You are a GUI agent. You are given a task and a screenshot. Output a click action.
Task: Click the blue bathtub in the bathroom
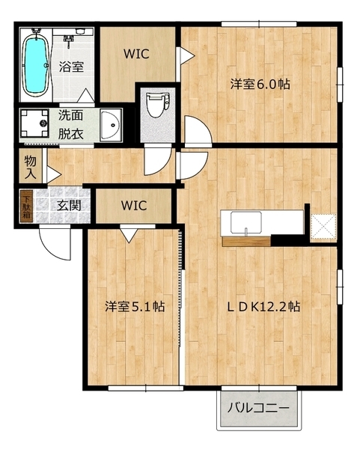(34, 63)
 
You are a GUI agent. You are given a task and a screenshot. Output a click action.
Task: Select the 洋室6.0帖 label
(260, 85)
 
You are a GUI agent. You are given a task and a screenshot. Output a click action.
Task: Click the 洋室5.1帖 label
(135, 307)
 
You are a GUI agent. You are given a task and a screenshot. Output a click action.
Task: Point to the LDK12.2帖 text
(264, 307)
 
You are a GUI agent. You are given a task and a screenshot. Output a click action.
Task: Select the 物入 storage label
(30, 167)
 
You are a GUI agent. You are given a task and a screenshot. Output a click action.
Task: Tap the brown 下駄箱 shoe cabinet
(26, 205)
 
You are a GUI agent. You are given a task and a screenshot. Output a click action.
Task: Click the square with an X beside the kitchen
(323, 225)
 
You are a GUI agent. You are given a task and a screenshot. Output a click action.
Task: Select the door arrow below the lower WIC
(128, 235)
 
